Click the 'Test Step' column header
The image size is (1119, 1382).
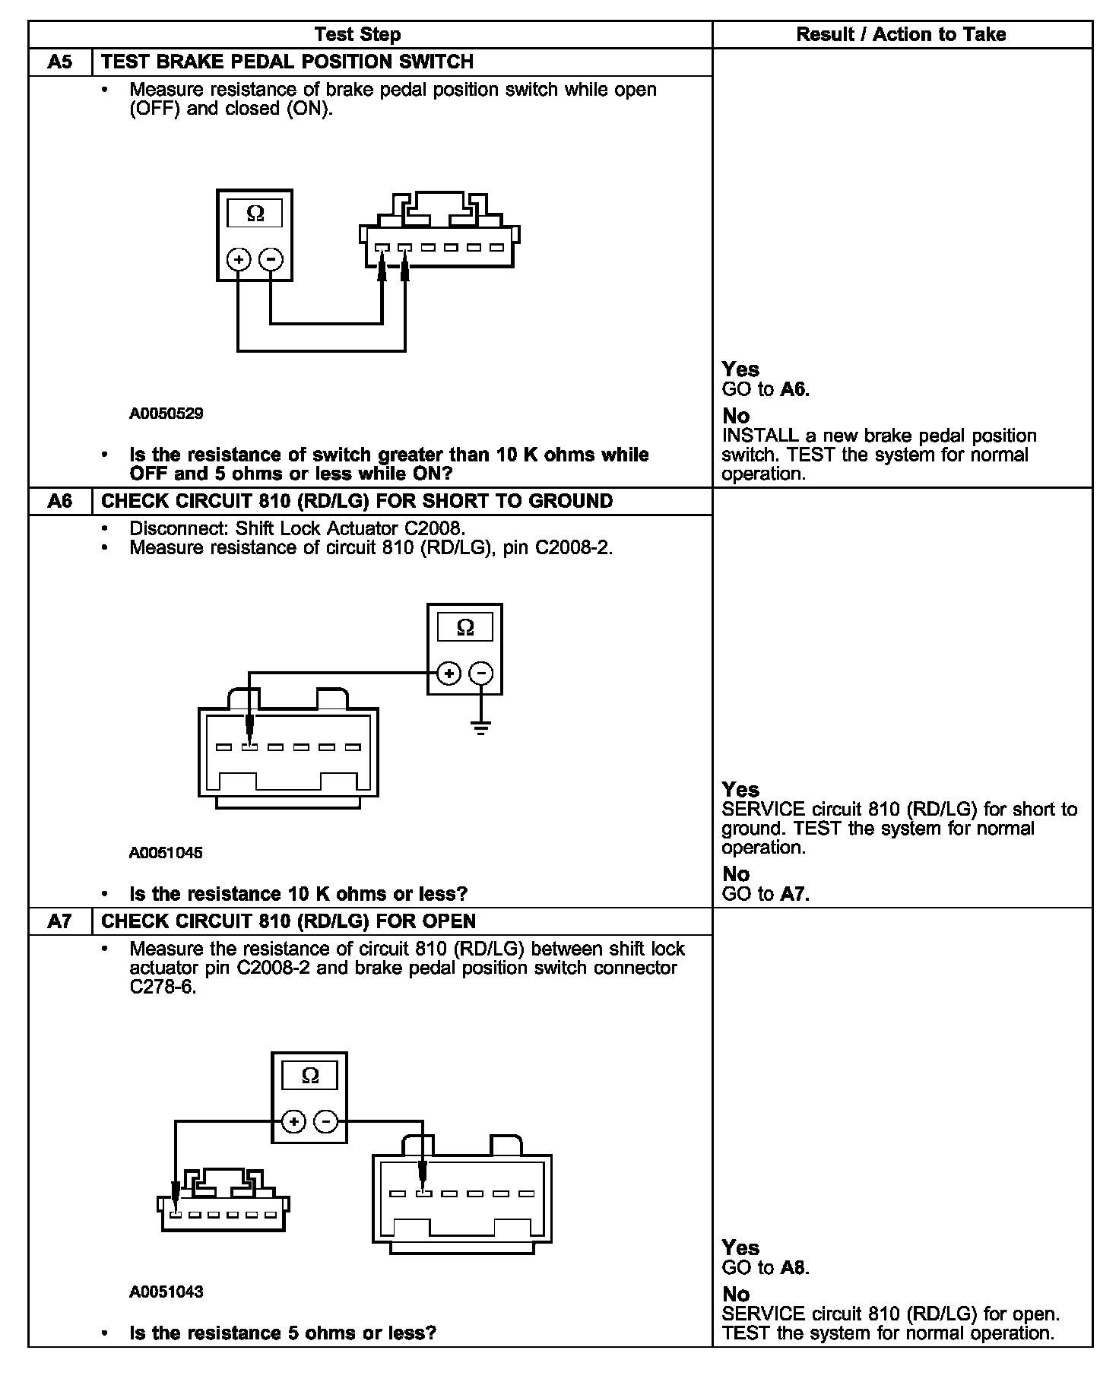[357, 34]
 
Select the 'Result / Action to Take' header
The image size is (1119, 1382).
[901, 34]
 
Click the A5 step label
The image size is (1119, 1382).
[60, 62]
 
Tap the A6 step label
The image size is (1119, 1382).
[60, 501]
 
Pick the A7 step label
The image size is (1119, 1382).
[60, 921]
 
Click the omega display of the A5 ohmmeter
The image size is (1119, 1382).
[255, 214]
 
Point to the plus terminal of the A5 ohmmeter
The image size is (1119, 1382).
[239, 259]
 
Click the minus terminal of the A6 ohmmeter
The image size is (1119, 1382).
[480, 673]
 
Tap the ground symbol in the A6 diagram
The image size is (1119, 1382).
[480, 727]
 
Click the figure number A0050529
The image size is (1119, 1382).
[166, 414]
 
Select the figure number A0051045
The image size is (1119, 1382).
[166, 853]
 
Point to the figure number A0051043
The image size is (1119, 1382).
[166, 1292]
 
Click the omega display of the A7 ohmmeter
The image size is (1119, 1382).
[310, 1076]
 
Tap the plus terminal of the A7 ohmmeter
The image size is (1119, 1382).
[294, 1121]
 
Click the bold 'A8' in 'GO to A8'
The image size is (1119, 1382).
[794, 1267]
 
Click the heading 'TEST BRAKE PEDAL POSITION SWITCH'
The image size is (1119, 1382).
[287, 62]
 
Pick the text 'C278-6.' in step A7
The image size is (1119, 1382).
[163, 987]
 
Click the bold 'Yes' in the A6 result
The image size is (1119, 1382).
[740, 789]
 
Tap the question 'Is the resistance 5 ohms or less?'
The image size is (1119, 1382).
[283, 1333]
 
